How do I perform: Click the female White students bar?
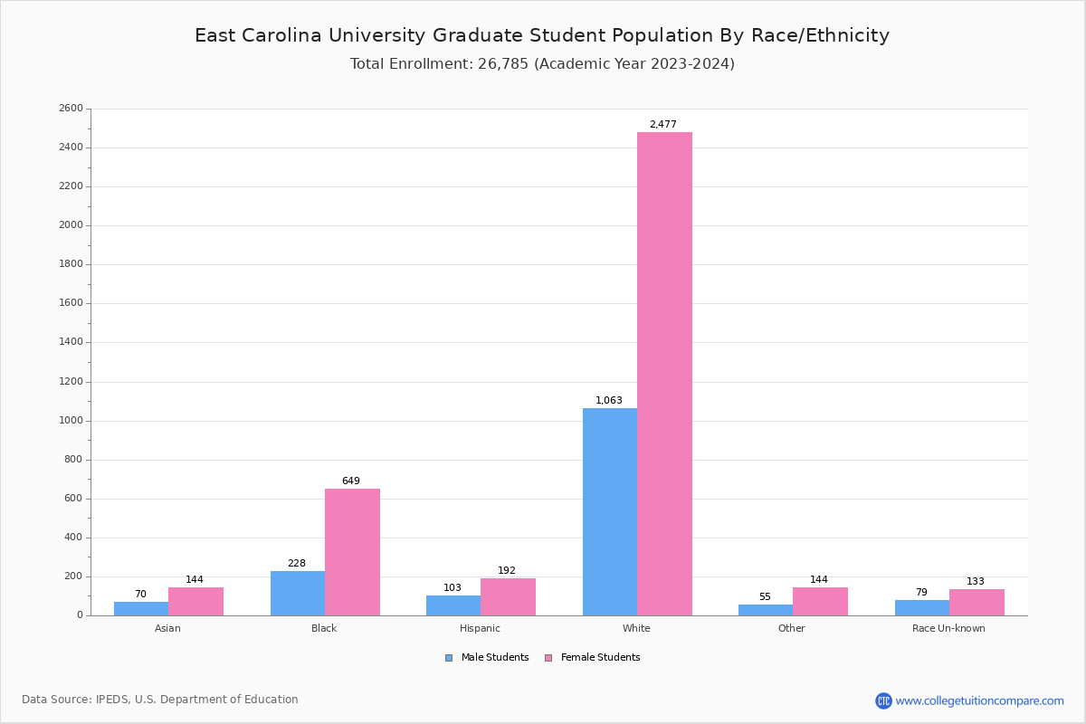click(x=664, y=373)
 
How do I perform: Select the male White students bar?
click(x=610, y=511)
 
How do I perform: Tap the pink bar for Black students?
click(x=352, y=552)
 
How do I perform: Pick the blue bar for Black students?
click(x=298, y=593)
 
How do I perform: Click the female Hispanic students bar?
click(x=508, y=597)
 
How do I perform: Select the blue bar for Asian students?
click(x=141, y=609)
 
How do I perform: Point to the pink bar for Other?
click(x=820, y=602)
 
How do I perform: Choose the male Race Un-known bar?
click(x=922, y=608)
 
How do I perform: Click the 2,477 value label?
click(x=662, y=125)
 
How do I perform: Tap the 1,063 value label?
click(x=609, y=401)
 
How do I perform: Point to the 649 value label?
click(x=351, y=481)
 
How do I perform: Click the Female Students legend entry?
click(x=593, y=658)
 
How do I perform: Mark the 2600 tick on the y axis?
click(x=71, y=109)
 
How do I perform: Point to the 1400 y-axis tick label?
click(x=71, y=342)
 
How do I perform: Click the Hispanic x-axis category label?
click(x=480, y=628)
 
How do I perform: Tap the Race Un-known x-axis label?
click(x=948, y=628)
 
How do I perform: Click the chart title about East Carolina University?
click(x=542, y=35)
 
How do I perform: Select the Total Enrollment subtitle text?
click(x=542, y=64)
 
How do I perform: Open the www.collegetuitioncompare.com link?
click(x=978, y=700)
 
